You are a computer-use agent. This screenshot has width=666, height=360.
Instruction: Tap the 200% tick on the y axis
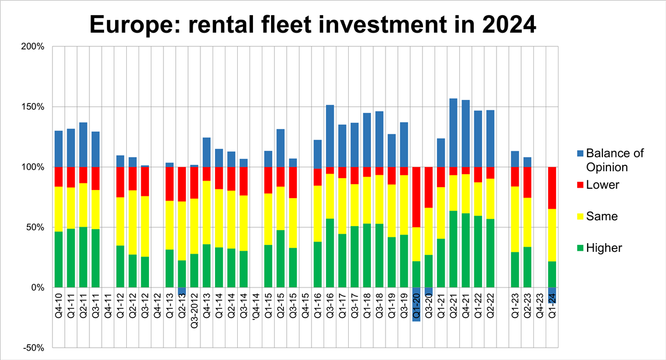[x=33, y=46]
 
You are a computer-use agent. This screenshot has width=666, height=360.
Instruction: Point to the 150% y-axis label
[x=33, y=107]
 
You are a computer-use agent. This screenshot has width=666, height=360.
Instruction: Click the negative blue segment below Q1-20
[x=417, y=304]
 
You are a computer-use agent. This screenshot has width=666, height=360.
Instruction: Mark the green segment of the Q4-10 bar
[x=59, y=259]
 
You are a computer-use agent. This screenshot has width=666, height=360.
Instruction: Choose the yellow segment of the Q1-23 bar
[x=515, y=219]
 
